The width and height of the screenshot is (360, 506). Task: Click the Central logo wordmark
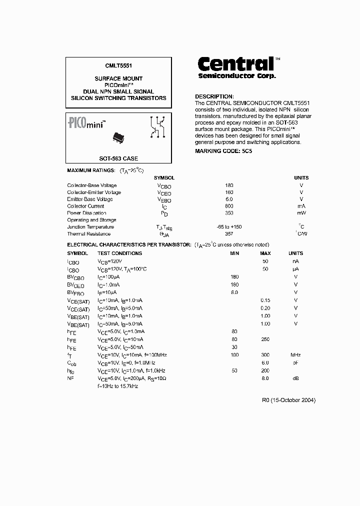[236, 64]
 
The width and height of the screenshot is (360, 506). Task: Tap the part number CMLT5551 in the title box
[118, 65]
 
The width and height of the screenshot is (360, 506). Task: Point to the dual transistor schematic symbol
[158, 126]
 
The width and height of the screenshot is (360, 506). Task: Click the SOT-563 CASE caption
[118, 158]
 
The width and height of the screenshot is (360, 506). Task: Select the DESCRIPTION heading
[214, 96]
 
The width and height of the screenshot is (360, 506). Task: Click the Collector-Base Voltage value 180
[229, 185]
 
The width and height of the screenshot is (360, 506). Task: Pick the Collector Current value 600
[229, 206]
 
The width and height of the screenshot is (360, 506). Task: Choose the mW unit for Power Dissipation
[301, 213]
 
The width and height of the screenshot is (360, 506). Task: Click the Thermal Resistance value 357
[229, 233]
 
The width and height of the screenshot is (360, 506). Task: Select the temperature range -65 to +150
[229, 226]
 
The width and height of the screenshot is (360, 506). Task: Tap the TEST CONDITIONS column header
[119, 253]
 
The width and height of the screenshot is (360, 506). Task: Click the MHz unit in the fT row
[295, 354]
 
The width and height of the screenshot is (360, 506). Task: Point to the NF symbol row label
[70, 378]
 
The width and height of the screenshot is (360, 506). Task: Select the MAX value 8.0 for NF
[265, 378]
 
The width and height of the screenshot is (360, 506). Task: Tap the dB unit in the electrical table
[295, 378]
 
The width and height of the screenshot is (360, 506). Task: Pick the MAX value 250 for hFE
[265, 339]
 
